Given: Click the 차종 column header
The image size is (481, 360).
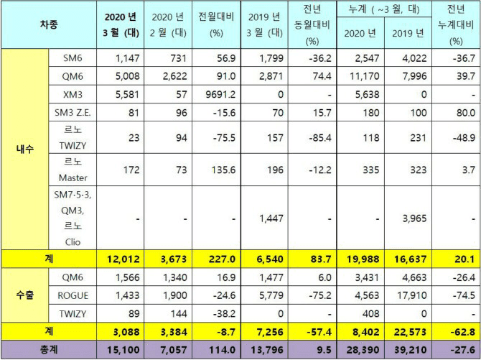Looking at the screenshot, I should (48, 24).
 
